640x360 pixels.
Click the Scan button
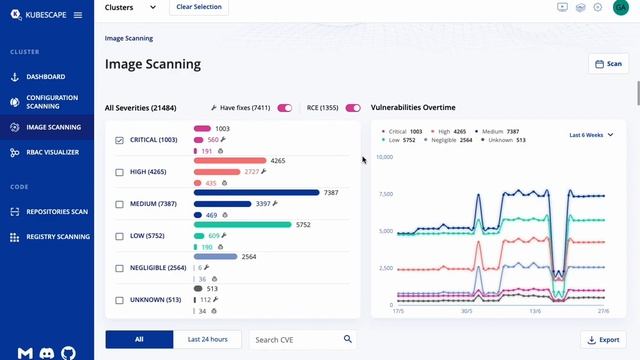pos(608,64)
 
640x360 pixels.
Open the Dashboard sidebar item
pos(46,77)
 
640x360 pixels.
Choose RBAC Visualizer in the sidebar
pos(52,152)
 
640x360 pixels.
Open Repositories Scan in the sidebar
pos(56,212)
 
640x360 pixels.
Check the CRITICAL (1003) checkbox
pos(120,140)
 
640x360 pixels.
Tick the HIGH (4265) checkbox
pos(120,172)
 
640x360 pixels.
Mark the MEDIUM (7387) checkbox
pos(120,204)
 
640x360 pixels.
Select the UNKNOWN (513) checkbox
pos(120,300)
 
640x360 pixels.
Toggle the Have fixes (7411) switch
pos(285,108)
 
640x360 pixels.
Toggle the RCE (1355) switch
pos(353,108)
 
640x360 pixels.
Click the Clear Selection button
pos(198,7)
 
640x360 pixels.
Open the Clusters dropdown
pos(130,7)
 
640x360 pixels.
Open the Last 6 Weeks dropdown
pos(591,134)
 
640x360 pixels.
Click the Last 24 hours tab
pos(207,340)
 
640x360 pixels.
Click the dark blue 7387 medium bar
pos(256,193)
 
